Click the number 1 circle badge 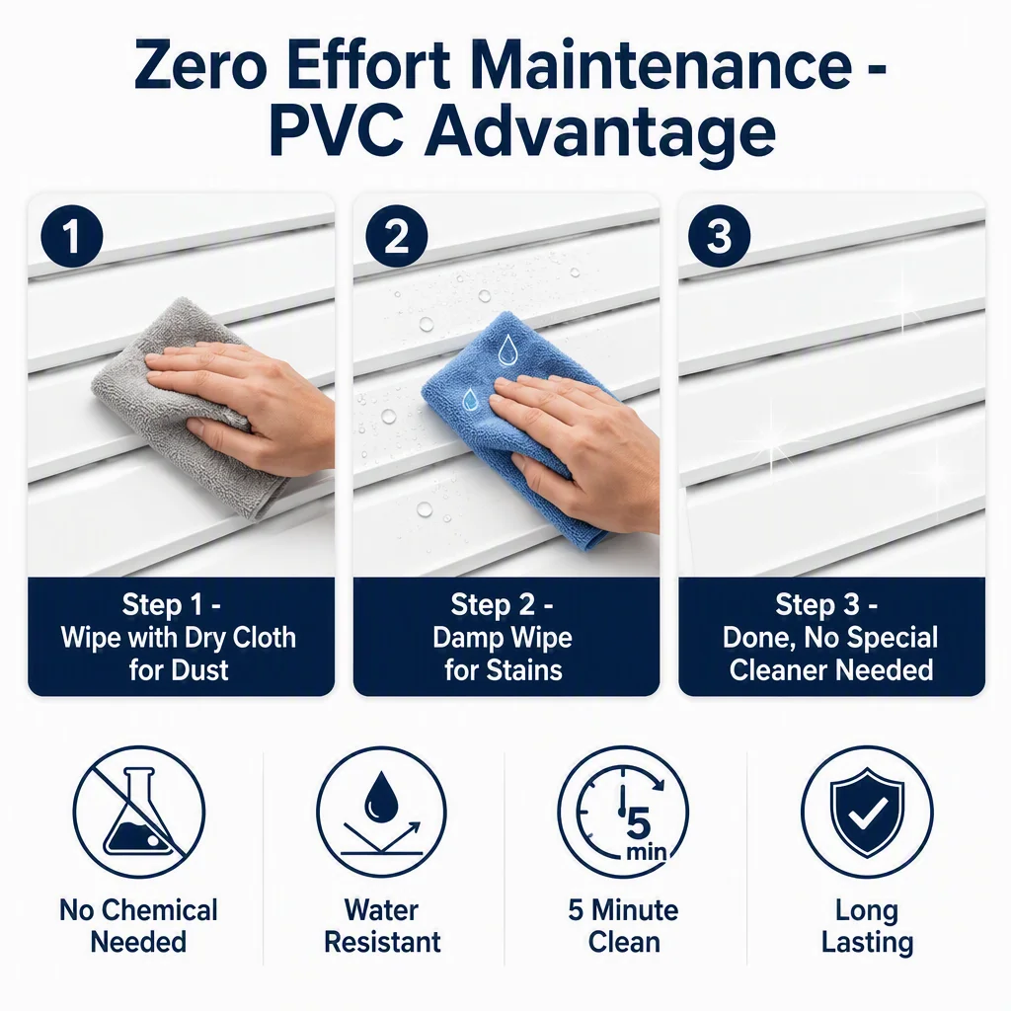(x=71, y=236)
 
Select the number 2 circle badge (x=397, y=236)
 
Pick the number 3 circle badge (x=719, y=236)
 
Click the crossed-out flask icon (x=138, y=812)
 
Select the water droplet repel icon (x=381, y=812)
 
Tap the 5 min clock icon (x=623, y=812)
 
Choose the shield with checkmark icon (x=867, y=812)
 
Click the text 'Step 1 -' (x=172, y=605)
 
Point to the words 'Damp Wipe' (x=503, y=638)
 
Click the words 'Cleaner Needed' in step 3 (x=831, y=670)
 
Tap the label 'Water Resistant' (x=382, y=926)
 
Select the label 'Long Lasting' (x=867, y=926)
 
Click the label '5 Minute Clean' (x=624, y=926)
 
